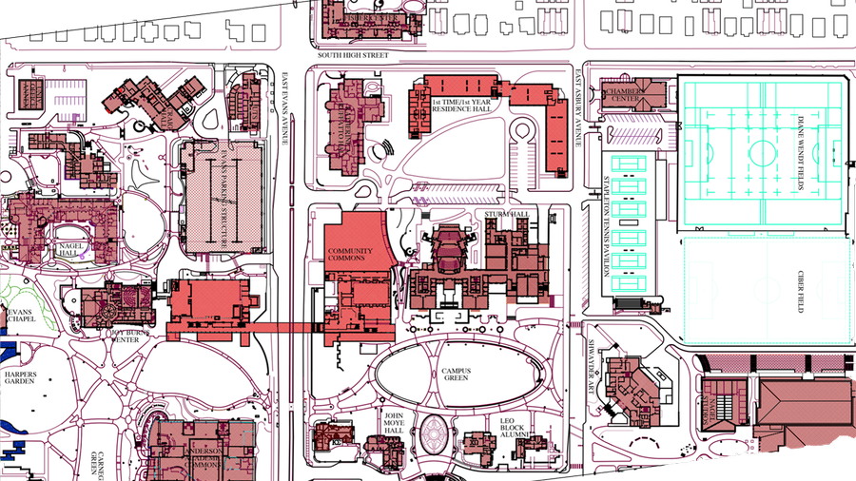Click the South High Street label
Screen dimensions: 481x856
click(x=355, y=56)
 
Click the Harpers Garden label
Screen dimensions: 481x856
click(x=20, y=381)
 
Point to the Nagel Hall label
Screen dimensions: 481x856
click(x=73, y=250)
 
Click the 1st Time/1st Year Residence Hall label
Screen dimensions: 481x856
click(x=461, y=106)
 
